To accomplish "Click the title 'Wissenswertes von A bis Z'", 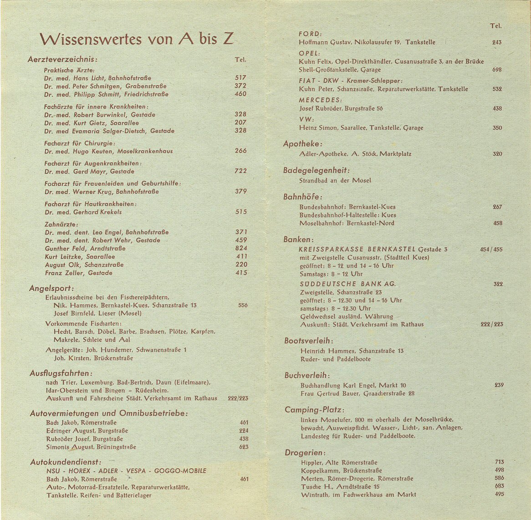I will click(137, 39).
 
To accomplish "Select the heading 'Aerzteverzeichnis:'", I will click(62, 60).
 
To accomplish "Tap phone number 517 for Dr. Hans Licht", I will click(240, 78).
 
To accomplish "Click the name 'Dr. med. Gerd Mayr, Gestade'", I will click(89, 172).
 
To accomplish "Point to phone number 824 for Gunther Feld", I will click(241, 248).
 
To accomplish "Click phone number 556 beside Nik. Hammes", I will click(243, 305).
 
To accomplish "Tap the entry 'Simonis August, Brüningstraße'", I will click(91, 447).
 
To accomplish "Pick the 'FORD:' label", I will click(310, 34).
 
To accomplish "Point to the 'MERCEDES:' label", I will click(320, 100).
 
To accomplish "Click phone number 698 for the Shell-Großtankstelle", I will click(497, 70).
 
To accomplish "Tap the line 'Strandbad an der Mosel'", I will click(335, 180).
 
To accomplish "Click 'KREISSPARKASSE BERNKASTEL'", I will click(357, 249).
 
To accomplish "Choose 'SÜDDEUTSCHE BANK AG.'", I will click(348, 284).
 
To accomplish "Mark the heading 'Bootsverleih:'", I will click(308, 341).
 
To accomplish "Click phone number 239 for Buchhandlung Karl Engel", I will click(499, 385).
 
